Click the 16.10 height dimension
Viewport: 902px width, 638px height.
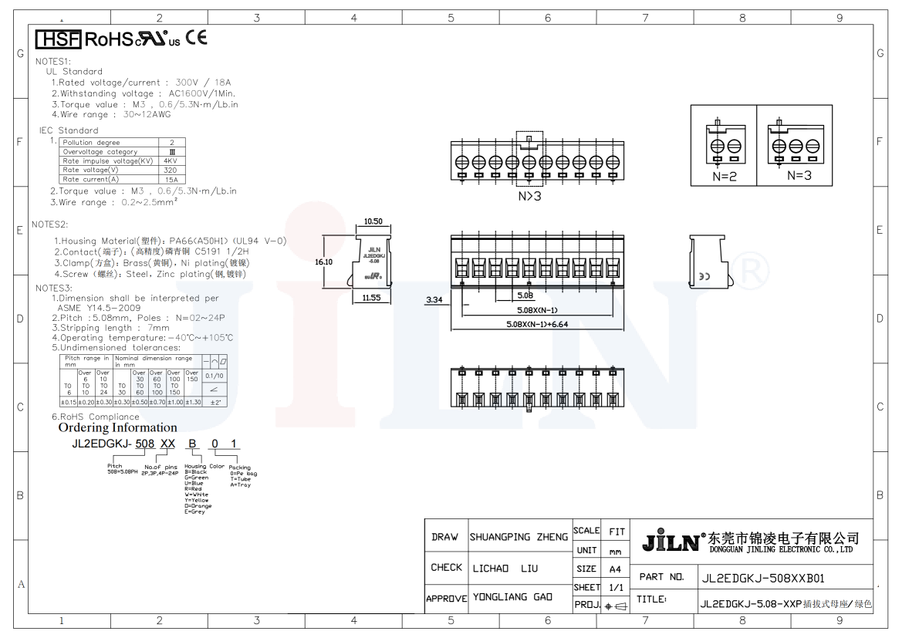(x=324, y=262)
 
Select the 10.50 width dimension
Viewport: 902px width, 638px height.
(x=373, y=221)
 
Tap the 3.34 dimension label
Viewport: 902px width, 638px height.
(x=434, y=299)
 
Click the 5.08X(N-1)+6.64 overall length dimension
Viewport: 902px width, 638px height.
(x=537, y=324)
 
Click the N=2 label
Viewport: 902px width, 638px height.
(x=725, y=175)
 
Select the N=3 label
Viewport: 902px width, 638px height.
(x=799, y=175)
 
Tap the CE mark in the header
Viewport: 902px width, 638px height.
(x=196, y=37)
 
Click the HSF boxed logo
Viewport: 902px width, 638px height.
(x=58, y=39)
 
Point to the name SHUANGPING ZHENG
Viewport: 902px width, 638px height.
(x=519, y=537)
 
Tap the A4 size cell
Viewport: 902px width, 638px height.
(x=615, y=569)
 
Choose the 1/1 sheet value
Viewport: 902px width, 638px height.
(x=615, y=587)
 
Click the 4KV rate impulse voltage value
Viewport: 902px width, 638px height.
(x=171, y=161)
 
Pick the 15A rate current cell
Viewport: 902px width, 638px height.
(x=171, y=180)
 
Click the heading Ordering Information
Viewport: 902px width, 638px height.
(x=118, y=427)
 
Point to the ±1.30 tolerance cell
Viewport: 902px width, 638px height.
(x=192, y=402)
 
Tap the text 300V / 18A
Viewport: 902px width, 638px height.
(x=204, y=83)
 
